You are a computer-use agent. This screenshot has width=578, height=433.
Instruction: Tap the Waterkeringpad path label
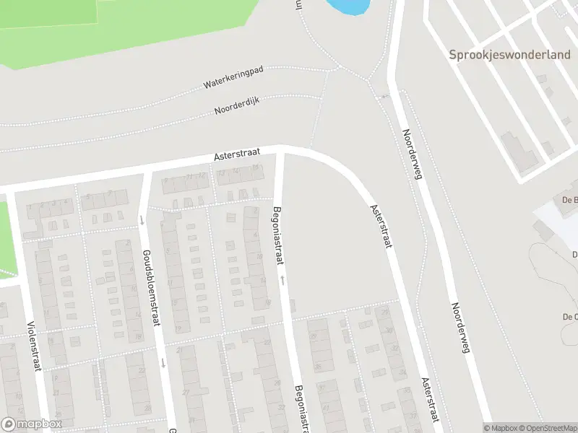coord(233,77)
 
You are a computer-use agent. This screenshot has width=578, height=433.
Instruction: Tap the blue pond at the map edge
coord(347,7)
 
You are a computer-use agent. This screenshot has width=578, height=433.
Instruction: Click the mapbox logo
coord(32,424)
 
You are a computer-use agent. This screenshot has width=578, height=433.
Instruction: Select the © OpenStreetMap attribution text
coord(545,428)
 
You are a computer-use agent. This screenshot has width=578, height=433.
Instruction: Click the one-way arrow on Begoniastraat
coord(283,278)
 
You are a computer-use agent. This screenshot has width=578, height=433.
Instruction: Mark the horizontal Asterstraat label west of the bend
coord(236,155)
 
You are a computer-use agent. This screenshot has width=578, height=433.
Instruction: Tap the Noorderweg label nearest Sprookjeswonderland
coord(413,154)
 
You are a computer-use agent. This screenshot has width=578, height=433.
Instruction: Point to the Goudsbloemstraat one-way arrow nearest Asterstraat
coord(142,220)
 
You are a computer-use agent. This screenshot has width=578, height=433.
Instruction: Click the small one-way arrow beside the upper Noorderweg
coord(384,95)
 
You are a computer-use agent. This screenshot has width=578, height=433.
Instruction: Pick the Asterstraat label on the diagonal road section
coord(380,226)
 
